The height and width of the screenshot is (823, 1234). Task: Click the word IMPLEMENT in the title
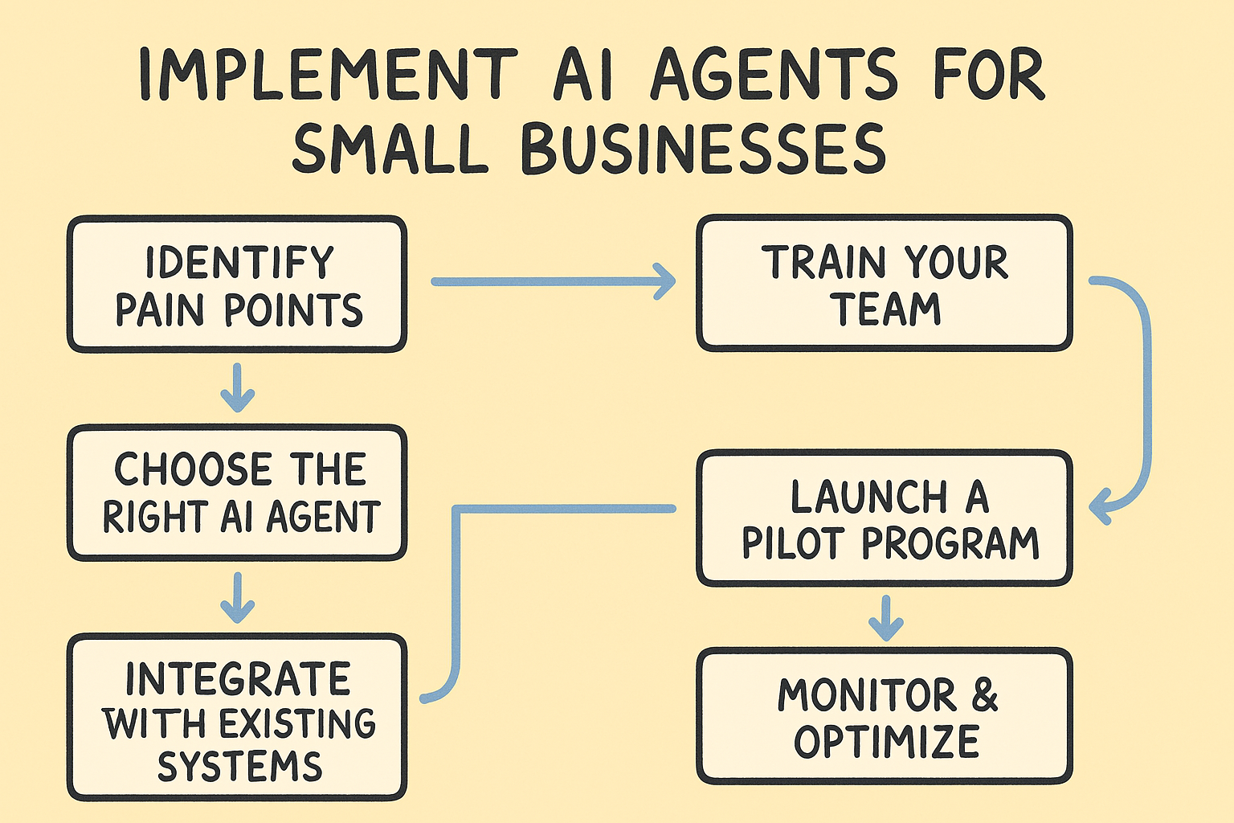(x=329, y=75)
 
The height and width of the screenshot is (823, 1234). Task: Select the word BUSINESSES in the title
(x=704, y=149)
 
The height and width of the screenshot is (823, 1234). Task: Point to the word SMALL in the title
(x=390, y=149)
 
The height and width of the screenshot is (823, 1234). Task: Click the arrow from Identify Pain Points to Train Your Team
(x=553, y=281)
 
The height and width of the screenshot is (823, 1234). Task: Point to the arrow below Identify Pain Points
(x=238, y=387)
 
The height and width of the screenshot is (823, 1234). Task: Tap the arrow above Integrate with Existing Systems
(x=238, y=597)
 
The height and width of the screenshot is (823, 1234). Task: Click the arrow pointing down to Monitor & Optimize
(x=886, y=618)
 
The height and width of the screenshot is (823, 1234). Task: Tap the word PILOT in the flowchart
(x=793, y=543)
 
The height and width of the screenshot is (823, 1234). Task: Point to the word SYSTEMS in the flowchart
(x=239, y=766)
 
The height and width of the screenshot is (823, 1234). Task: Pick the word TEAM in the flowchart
(x=888, y=309)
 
